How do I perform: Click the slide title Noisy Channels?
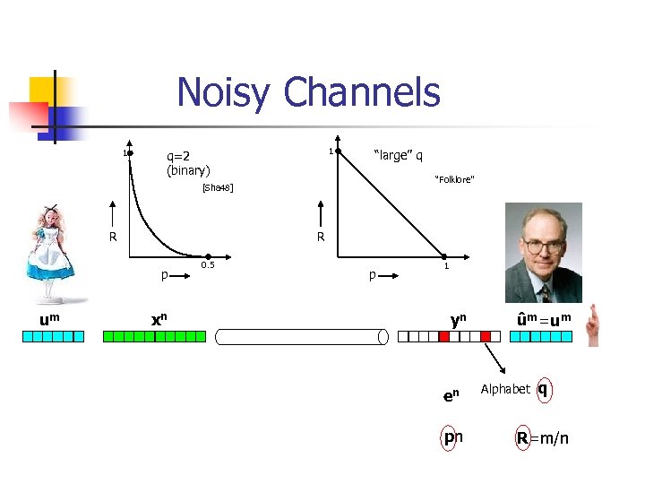(308, 92)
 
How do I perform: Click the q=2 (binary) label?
(187, 162)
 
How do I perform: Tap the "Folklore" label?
(454, 180)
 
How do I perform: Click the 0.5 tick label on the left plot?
(208, 265)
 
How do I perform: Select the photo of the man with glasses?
(543, 252)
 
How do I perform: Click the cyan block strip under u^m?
(53, 337)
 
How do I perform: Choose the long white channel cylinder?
(301, 337)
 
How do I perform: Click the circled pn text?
(453, 437)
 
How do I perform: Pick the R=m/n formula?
(541, 437)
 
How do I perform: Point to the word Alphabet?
(505, 389)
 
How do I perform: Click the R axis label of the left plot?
(113, 238)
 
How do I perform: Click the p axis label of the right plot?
(372, 275)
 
